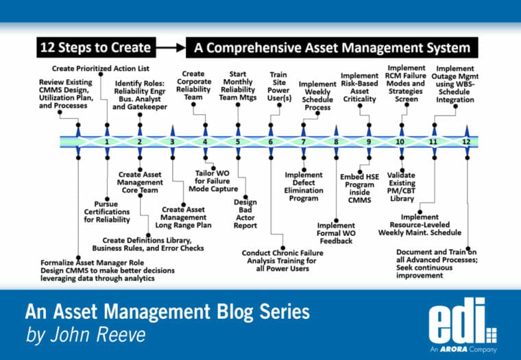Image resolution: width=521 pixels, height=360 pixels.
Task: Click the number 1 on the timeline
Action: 107,142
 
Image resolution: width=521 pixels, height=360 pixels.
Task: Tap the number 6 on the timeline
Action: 271,142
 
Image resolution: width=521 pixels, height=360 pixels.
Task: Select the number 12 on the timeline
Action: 466,142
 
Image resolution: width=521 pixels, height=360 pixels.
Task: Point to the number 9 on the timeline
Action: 369,142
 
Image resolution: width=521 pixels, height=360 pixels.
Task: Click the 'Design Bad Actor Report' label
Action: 245,213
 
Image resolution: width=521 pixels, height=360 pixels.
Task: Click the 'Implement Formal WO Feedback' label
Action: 335,232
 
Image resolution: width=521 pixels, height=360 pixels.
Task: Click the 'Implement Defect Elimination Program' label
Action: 302,186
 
